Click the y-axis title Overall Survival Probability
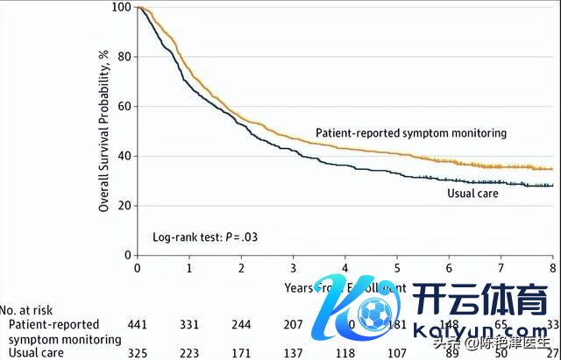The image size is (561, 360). click(x=103, y=131)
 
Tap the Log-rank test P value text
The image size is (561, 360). click(x=205, y=236)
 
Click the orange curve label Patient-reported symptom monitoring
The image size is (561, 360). click(x=411, y=133)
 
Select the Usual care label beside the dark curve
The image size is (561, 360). click(x=472, y=194)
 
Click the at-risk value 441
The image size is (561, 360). click(x=137, y=325)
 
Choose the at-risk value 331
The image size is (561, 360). click(x=189, y=325)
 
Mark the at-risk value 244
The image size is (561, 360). click(x=241, y=325)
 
